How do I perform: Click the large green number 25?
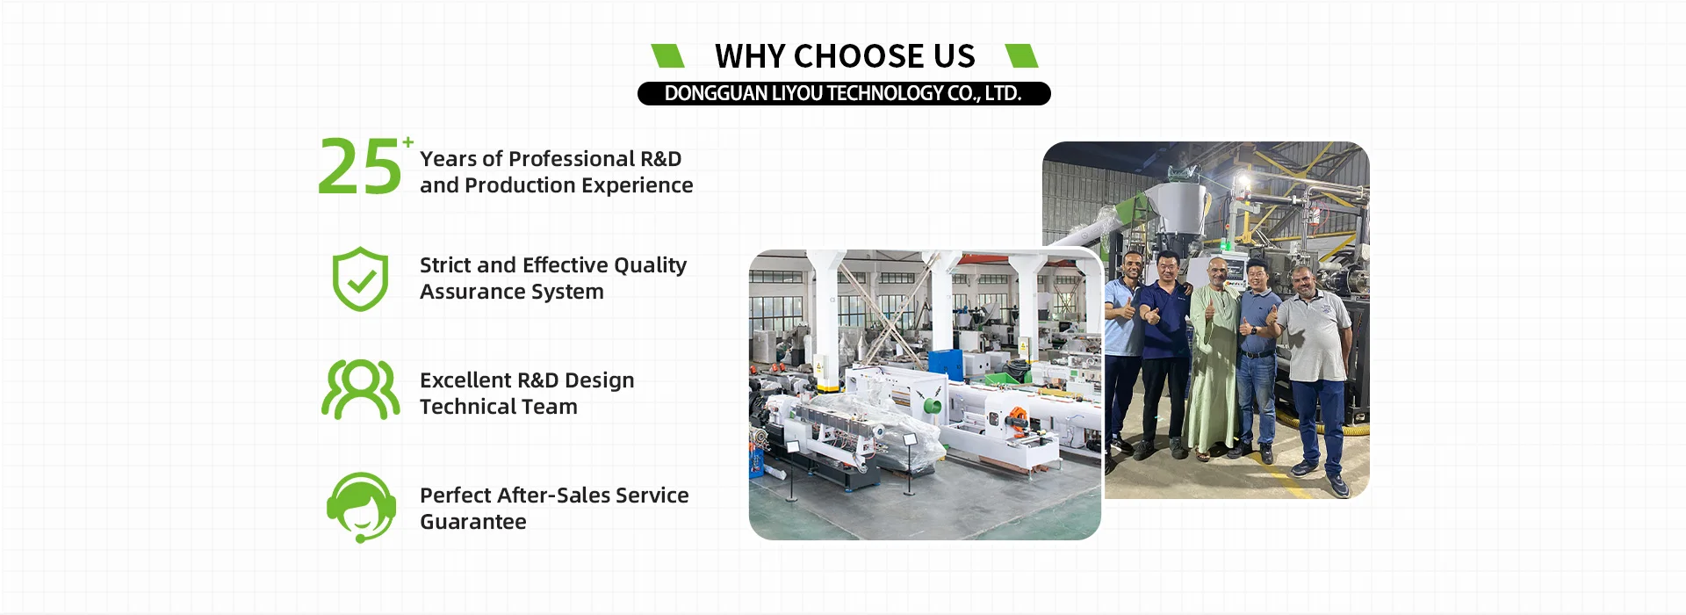(x=359, y=166)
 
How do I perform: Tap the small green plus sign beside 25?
(x=408, y=141)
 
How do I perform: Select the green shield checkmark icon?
(x=360, y=279)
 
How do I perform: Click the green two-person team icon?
(x=360, y=389)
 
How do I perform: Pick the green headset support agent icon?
(x=361, y=507)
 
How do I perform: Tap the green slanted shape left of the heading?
(x=667, y=55)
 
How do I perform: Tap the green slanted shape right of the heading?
(x=1021, y=55)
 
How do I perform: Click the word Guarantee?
(x=473, y=522)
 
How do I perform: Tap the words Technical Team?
(x=499, y=407)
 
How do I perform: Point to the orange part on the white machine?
(x=1016, y=419)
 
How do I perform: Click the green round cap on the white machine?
(x=933, y=406)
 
